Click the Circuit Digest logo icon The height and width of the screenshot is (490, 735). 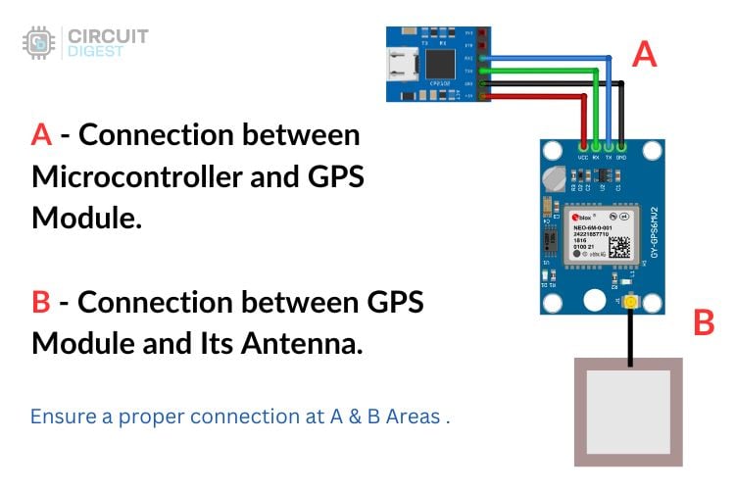(x=38, y=43)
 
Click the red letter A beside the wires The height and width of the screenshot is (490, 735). (x=643, y=54)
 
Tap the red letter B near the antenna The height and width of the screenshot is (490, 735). (x=703, y=322)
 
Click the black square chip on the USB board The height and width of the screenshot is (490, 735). (x=443, y=64)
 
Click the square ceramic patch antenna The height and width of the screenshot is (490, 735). (x=627, y=411)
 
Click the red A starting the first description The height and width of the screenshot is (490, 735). (x=41, y=135)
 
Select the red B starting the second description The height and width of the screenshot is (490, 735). (x=41, y=302)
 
